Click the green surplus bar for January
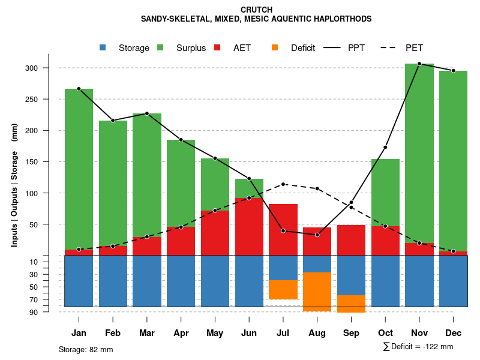(x=79, y=169)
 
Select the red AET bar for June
(x=249, y=227)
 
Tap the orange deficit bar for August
(x=317, y=292)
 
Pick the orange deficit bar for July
(x=283, y=290)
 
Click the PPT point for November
(x=419, y=64)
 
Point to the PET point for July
(x=283, y=184)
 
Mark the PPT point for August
(x=317, y=235)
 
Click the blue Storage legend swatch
(x=103, y=48)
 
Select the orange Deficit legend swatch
(x=275, y=48)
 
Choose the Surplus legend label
(x=191, y=48)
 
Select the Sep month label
(x=351, y=333)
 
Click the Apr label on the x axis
(x=181, y=333)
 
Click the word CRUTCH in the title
(x=256, y=10)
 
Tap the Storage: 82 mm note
(x=86, y=349)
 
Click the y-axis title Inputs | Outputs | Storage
(x=14, y=186)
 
